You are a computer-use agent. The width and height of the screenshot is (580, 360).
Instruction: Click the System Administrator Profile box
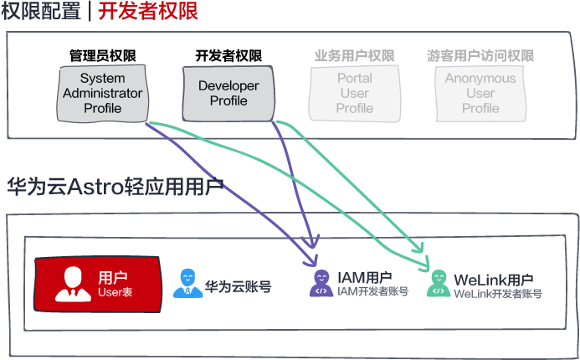click(x=102, y=94)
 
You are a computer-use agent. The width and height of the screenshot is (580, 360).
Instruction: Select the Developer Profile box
click(x=228, y=94)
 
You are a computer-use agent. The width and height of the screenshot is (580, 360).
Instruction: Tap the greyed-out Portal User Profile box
click(x=355, y=94)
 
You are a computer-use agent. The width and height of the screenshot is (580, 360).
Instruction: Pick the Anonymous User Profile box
click(x=480, y=94)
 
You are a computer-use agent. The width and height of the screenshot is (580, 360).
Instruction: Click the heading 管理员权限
click(x=103, y=56)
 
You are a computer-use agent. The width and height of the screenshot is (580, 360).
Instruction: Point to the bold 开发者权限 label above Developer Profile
click(x=228, y=56)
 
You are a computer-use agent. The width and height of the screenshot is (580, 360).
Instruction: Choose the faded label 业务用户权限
click(x=355, y=56)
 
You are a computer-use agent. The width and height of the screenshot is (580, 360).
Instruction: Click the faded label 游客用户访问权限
click(x=480, y=56)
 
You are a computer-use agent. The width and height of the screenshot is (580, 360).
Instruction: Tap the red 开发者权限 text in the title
click(x=148, y=11)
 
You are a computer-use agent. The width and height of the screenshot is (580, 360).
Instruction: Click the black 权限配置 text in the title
click(x=41, y=11)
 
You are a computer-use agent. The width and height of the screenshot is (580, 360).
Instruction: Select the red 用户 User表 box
click(x=98, y=285)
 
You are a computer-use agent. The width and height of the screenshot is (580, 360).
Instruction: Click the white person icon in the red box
click(x=74, y=284)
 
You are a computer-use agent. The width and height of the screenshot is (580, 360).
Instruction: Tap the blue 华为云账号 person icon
click(x=188, y=284)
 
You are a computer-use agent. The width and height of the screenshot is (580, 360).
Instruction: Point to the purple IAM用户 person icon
click(x=321, y=284)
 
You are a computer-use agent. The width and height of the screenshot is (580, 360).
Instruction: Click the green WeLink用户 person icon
click(x=439, y=284)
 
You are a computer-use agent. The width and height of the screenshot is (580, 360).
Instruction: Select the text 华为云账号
click(x=239, y=286)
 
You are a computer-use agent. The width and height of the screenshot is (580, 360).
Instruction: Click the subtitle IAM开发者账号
click(x=373, y=291)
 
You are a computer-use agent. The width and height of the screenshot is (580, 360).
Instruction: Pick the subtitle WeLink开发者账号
click(x=498, y=294)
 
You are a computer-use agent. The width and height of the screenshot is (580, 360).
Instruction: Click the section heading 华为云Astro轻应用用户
click(x=115, y=186)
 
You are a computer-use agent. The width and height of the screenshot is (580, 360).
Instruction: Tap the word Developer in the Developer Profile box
click(x=228, y=86)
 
